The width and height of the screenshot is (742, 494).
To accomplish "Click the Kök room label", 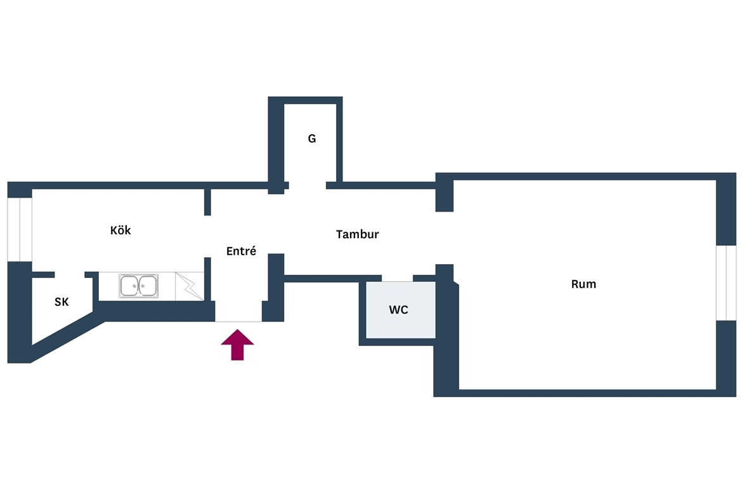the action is (120, 231).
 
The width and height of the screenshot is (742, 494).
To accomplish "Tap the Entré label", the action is (241, 251).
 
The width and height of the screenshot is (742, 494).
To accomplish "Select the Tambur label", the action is (357, 234).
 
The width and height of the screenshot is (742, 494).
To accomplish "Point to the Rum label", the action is (583, 284).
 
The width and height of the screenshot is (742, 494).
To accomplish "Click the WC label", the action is (398, 310).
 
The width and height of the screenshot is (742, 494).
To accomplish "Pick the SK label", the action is (62, 301).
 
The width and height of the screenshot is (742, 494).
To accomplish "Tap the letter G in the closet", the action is (312, 139).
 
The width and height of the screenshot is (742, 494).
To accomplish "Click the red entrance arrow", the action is (238, 345).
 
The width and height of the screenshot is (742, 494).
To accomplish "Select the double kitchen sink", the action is (139, 286).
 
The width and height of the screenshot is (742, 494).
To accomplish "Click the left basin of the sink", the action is (129, 286).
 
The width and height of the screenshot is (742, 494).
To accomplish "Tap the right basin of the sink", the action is (148, 286).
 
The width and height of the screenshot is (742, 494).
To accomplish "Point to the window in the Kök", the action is (20, 229).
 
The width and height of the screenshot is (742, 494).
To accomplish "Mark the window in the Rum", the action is (726, 282).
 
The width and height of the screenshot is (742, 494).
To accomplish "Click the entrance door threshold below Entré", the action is (238, 321).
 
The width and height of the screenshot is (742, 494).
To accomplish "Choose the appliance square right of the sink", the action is (189, 286).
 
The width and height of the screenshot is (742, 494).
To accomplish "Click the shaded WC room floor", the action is (400, 310).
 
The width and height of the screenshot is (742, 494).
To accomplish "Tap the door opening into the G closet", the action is (308, 186).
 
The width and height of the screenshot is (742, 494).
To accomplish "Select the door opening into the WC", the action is (398, 278).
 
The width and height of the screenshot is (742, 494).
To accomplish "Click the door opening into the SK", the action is (70, 275).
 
